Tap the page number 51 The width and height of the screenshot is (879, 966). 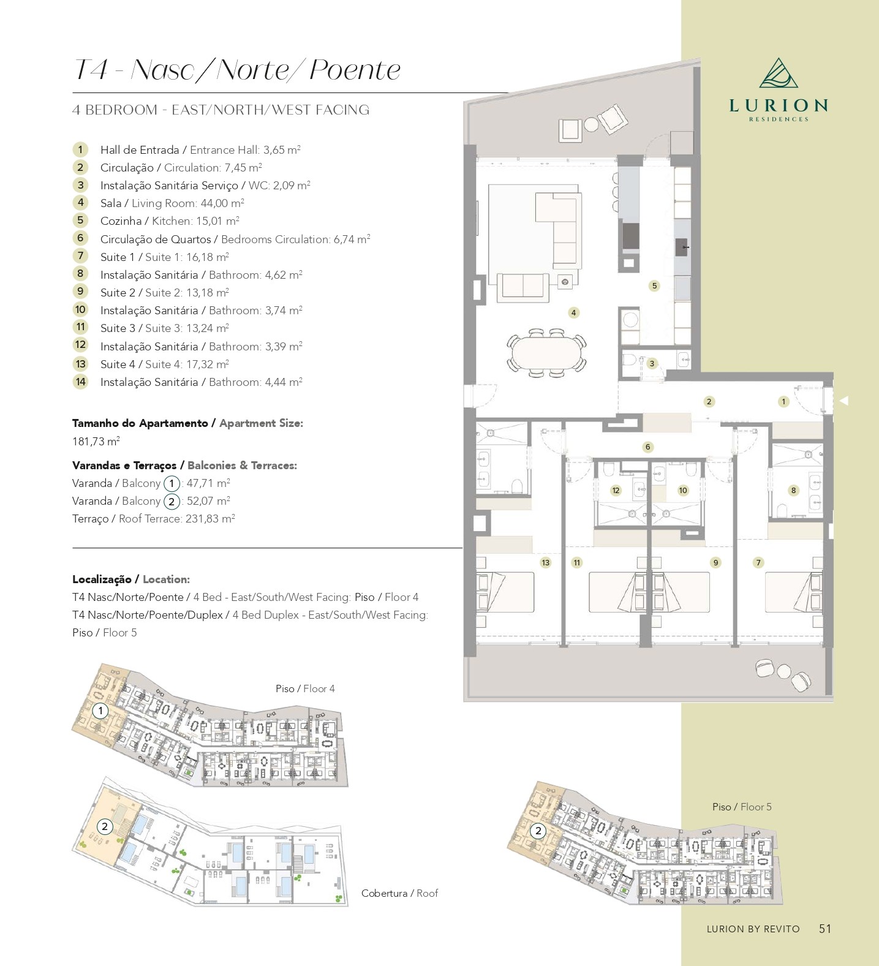point(825,929)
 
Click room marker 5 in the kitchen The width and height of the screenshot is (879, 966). point(654,285)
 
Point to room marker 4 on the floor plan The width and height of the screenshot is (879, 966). point(573,312)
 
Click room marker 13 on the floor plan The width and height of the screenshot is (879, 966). point(545,562)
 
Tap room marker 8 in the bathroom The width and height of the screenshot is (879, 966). point(793,490)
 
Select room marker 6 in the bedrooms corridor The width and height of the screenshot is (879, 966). point(647,447)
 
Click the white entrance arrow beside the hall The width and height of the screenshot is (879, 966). point(843,401)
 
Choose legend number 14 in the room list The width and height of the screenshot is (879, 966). point(80,382)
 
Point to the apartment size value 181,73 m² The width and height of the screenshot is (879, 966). point(96,441)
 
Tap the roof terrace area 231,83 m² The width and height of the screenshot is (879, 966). point(210,518)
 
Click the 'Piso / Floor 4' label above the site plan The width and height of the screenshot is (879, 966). point(305,689)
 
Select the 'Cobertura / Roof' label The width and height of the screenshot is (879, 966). point(399,893)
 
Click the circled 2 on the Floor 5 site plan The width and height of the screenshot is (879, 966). point(538,831)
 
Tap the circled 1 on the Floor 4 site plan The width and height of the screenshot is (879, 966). point(100,711)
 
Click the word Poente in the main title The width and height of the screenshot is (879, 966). point(355,69)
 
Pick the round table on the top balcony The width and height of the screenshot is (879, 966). point(591,125)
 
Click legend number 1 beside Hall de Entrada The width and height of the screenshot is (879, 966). point(80,149)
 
